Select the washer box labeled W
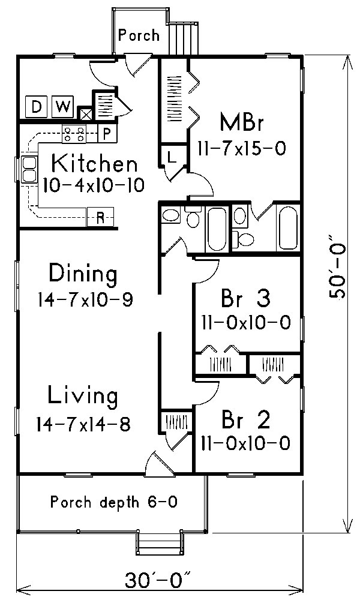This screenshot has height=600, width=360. pos(62,107)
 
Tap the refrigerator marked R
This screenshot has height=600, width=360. pos(101,217)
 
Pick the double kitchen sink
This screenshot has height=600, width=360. pos(28,169)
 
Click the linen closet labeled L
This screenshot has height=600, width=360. pos(170,158)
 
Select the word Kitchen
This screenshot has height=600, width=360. pos(94,163)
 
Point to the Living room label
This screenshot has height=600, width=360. pos(83,396)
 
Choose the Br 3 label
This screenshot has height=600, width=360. pos(247,298)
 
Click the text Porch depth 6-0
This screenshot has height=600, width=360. pos(113,501)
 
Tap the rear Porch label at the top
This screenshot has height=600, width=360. pos(139,35)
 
